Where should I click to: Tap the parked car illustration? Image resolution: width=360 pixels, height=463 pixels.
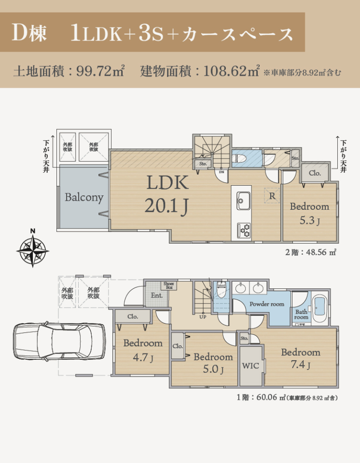pyautogui.click(x=59, y=341)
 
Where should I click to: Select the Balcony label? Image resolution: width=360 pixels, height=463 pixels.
pyautogui.click(x=84, y=197)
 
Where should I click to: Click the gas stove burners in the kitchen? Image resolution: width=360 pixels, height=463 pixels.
pyautogui.click(x=244, y=231)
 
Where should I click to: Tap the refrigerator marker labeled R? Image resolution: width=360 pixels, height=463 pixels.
pyautogui.click(x=272, y=195)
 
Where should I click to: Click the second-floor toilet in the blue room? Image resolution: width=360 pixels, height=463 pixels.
pyautogui.click(x=239, y=159)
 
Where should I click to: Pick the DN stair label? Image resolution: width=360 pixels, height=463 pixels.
pyautogui.click(x=222, y=172)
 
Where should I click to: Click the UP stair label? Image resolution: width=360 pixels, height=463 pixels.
pyautogui.click(x=203, y=317)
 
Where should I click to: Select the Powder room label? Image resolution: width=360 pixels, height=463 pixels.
pyautogui.click(x=266, y=304)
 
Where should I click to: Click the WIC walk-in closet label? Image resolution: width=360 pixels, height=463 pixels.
pyautogui.click(x=250, y=366)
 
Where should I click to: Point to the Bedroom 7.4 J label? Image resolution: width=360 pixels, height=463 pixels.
pyautogui.click(x=301, y=358)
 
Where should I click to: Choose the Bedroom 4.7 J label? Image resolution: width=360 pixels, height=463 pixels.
pyautogui.click(x=143, y=350)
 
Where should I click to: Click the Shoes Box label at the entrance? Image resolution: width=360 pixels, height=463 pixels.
pyautogui.click(x=169, y=286)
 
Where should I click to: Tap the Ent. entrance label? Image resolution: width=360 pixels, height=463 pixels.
pyautogui.click(x=157, y=295)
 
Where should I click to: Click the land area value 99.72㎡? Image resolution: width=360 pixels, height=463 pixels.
pyautogui.click(x=100, y=71)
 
